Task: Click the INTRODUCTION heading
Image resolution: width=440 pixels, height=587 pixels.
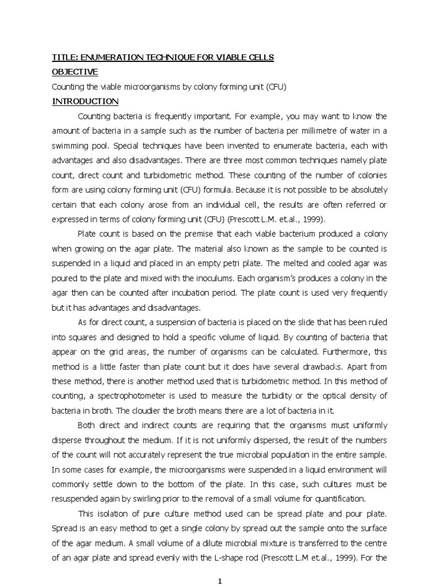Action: pos(85,102)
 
